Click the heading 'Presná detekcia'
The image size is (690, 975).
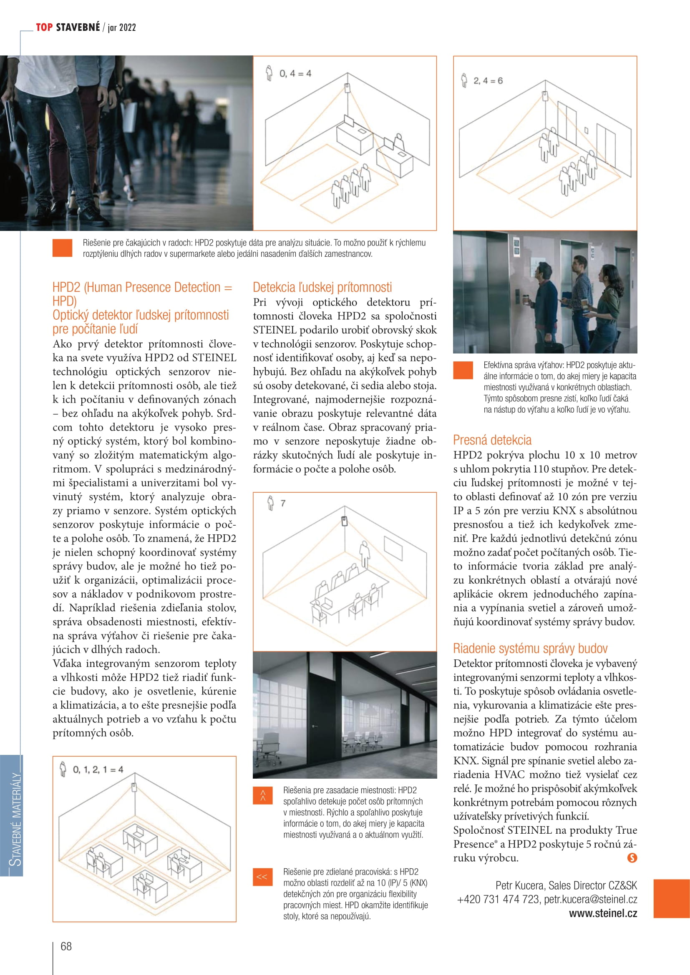click(492, 440)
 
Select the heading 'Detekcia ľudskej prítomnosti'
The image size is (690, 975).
click(322, 288)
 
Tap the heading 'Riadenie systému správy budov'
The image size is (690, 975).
click(530, 649)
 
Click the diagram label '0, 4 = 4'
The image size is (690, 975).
click(295, 74)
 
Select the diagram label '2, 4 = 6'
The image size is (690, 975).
click(488, 81)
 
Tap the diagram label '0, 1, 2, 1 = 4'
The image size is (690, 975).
click(98, 769)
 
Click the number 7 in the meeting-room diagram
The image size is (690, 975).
click(283, 503)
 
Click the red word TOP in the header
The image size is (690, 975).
click(44, 28)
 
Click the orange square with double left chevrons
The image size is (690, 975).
click(262, 877)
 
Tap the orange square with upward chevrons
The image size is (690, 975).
click(262, 796)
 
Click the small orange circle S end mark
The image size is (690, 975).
click(632, 858)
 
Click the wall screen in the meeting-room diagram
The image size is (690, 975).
click(393, 548)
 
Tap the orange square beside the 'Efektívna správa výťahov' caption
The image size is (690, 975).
click(463, 370)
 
